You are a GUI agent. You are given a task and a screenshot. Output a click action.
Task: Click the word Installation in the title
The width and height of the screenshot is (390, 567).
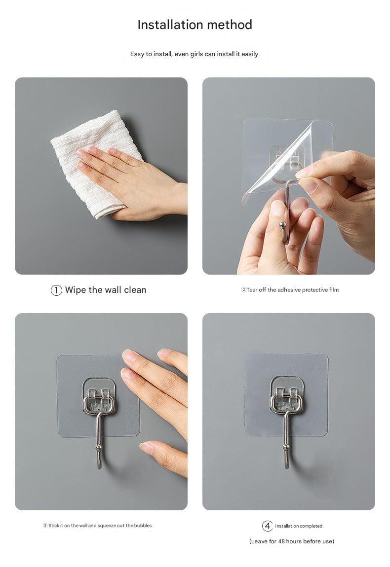pyautogui.click(x=170, y=25)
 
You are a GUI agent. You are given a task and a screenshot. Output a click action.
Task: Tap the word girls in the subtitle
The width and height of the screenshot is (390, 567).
pyautogui.click(x=196, y=54)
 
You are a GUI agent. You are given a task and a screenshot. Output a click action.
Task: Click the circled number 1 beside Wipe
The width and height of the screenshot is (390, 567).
pyautogui.click(x=56, y=290)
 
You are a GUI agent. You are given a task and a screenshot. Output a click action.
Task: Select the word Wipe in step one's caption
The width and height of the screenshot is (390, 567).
pyautogui.click(x=76, y=290)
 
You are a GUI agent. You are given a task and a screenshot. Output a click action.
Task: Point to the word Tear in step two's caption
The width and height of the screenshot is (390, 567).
pyautogui.click(x=252, y=290)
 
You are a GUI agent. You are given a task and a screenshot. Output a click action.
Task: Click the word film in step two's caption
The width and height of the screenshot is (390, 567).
pyautogui.click(x=334, y=290)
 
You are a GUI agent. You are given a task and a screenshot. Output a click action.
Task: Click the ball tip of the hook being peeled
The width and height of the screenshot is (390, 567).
pyautogui.click(x=283, y=226)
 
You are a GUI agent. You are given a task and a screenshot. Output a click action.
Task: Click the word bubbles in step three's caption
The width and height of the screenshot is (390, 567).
pyautogui.click(x=143, y=526)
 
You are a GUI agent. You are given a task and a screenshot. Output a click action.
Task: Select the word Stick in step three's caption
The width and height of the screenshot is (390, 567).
pyautogui.click(x=54, y=526)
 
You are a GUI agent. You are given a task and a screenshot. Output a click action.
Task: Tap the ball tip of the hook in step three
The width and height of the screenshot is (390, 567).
pyautogui.click(x=99, y=448)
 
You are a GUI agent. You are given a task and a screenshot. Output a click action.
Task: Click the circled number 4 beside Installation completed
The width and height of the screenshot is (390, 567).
pyautogui.click(x=267, y=526)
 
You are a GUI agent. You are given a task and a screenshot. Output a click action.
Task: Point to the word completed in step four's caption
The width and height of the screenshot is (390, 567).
pyautogui.click(x=310, y=526)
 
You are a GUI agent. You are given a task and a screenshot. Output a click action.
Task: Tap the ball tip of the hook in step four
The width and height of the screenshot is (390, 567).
pyautogui.click(x=286, y=448)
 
